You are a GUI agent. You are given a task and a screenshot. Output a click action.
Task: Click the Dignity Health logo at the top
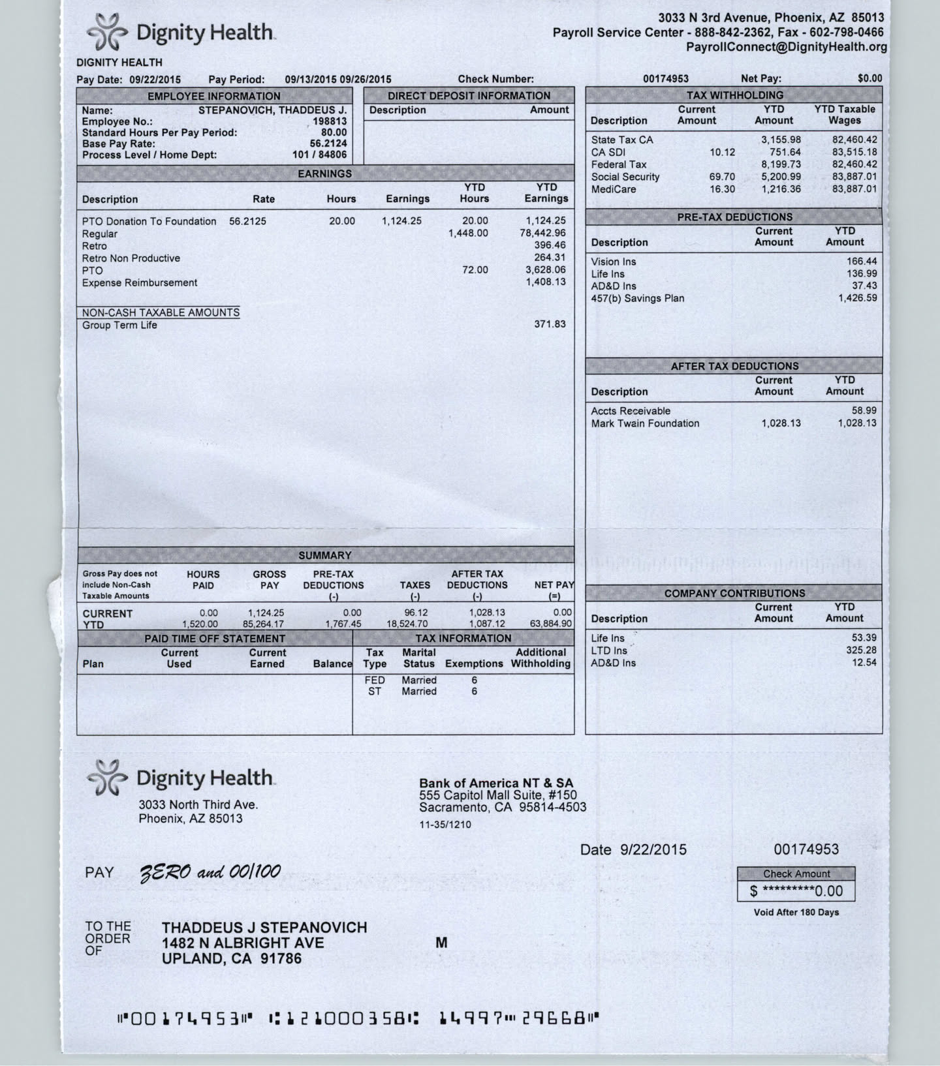(180, 33)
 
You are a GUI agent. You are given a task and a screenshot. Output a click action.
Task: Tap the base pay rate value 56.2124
(328, 144)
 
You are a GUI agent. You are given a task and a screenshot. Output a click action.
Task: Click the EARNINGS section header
(324, 174)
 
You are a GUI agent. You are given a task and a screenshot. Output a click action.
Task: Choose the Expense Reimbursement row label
(139, 282)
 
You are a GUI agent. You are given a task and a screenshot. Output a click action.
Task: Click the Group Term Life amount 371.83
(550, 324)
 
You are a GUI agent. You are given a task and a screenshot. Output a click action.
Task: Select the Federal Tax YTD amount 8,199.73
(781, 164)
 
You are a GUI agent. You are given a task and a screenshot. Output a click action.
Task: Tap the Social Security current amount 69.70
(722, 177)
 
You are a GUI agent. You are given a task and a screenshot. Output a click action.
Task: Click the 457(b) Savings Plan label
(638, 298)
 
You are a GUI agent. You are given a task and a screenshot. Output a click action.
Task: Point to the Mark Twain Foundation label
(645, 423)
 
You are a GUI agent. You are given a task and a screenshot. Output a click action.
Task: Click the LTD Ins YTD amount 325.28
(861, 650)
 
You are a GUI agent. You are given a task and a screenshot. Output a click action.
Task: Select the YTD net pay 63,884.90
(551, 624)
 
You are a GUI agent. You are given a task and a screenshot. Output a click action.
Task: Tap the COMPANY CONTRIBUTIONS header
(734, 593)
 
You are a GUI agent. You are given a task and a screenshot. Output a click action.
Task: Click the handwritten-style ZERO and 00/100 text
(210, 872)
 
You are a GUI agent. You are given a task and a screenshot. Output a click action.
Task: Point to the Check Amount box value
(796, 891)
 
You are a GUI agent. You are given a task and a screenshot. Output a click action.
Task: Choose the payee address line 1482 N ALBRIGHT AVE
(243, 943)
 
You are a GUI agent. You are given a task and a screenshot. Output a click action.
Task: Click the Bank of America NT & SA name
(496, 783)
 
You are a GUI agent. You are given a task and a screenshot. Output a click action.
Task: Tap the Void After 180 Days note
(796, 912)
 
